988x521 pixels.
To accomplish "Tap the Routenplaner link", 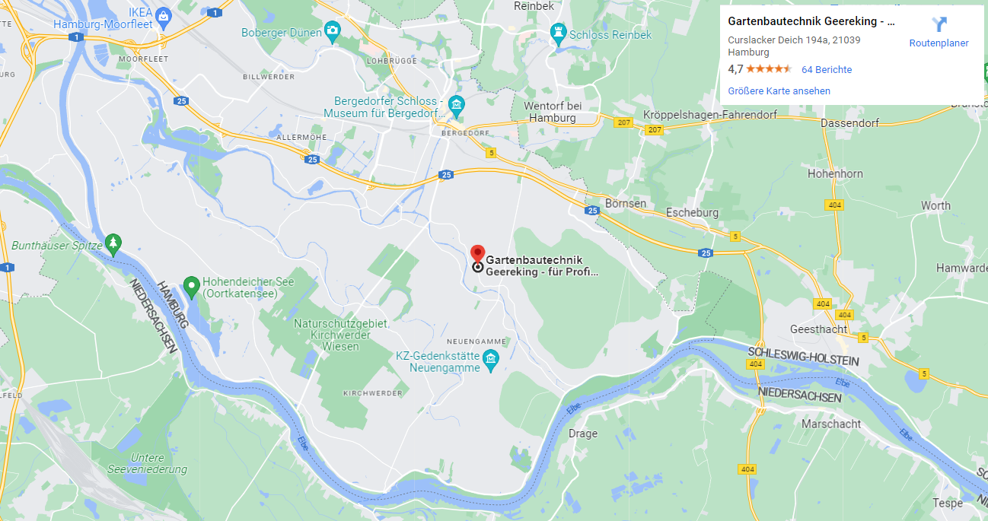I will point(939,43).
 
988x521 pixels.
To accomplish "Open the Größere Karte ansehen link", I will point(779,91).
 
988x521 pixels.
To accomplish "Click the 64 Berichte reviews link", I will point(827,70).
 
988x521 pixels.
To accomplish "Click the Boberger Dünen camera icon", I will point(332,31).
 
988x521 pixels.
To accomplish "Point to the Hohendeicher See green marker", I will point(191,286).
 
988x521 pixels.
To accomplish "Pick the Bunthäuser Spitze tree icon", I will point(113,243).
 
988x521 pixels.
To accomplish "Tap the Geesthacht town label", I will point(818,329).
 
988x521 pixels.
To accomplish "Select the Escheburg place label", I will point(691,213).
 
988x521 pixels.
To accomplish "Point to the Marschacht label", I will point(831,424).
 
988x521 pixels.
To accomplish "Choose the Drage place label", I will point(583,434).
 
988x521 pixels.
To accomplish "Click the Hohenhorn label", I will point(835,174).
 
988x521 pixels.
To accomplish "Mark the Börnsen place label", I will point(626,204).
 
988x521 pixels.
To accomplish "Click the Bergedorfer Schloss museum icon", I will point(456,105).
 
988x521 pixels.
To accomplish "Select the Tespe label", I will point(947,504).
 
